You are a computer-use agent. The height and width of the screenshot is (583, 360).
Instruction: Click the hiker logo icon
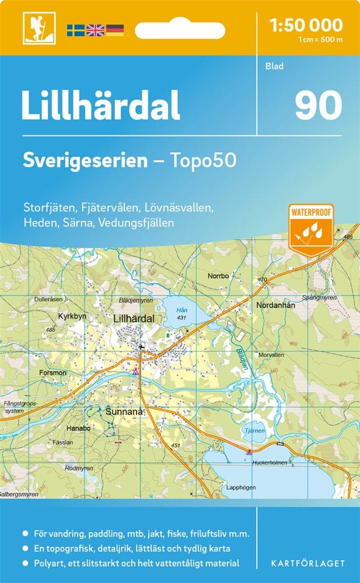tap(34, 28)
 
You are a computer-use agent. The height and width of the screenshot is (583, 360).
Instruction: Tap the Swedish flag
tap(75, 30)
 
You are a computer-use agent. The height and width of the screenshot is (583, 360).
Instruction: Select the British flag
tap(95, 30)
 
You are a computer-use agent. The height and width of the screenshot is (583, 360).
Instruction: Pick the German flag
tap(114, 30)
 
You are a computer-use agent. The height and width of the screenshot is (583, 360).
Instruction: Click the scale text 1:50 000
tap(306, 25)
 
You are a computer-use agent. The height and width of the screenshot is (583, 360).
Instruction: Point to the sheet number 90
tap(318, 106)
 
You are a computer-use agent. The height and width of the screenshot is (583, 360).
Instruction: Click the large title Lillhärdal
tap(100, 106)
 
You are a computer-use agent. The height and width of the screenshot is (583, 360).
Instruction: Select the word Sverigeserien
tap(85, 160)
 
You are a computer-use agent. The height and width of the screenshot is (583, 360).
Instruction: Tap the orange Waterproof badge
tap(310, 229)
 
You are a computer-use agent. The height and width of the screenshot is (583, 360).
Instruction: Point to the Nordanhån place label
tap(276, 305)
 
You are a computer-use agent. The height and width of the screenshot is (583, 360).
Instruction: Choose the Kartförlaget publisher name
tap(307, 563)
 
